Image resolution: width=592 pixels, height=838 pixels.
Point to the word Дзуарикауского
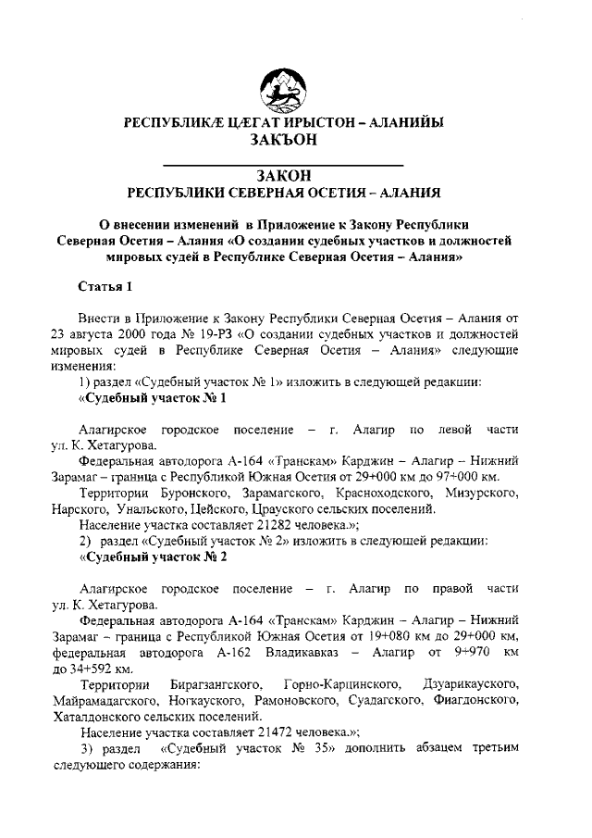tap(472, 683)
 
